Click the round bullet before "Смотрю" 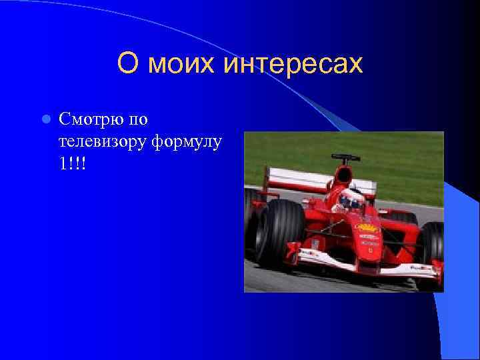click(x=45, y=120)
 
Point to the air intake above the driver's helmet click(x=344, y=175)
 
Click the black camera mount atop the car click(x=345, y=158)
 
